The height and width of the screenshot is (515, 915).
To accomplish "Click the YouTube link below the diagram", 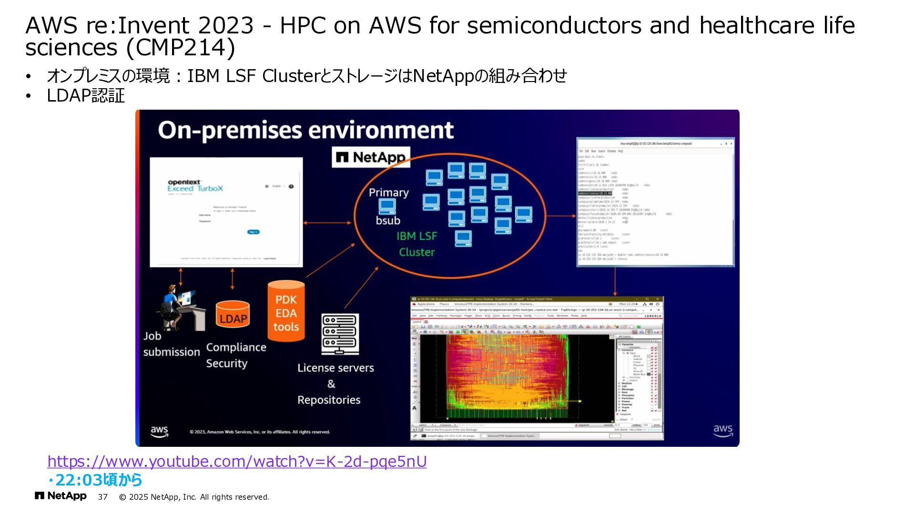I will (x=237, y=462).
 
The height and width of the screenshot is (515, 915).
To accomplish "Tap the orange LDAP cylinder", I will (x=233, y=315).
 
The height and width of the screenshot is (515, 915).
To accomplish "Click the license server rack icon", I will (x=339, y=334).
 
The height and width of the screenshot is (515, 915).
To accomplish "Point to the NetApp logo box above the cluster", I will (x=371, y=157).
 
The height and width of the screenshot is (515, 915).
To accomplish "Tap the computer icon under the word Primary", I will (x=387, y=206).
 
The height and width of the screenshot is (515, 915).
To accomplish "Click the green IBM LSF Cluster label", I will (x=417, y=244).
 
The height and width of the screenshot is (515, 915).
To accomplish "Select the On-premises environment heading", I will (x=305, y=130).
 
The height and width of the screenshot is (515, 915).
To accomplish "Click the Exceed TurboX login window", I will (x=226, y=212).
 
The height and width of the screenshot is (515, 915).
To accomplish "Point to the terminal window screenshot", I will (x=655, y=202).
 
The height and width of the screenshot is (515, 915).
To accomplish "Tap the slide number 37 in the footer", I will (x=103, y=497).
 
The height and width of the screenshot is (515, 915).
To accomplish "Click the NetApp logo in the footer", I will (x=61, y=496).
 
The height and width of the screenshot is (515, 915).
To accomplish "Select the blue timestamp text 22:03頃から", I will (x=98, y=480).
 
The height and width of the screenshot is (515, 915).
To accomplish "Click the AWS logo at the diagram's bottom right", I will (x=722, y=431).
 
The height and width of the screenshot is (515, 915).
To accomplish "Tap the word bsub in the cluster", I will (x=388, y=221).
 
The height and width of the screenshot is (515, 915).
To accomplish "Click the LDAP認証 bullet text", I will (x=86, y=96).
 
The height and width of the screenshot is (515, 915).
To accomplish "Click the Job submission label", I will (x=172, y=344).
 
